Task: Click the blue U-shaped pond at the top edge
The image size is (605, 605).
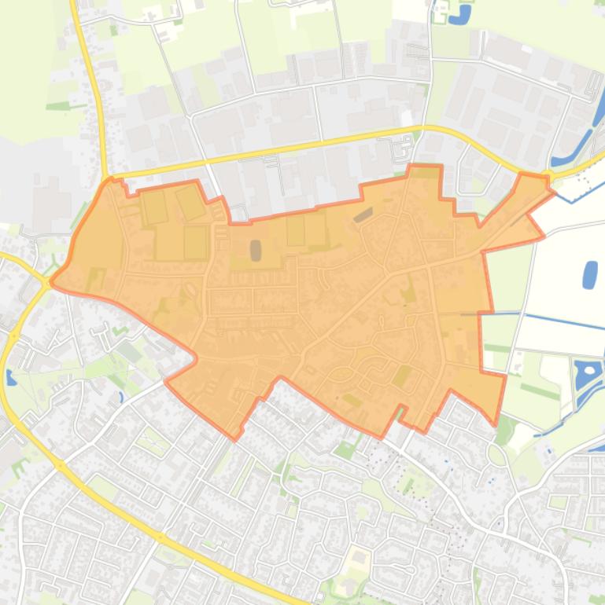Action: coord(464,14)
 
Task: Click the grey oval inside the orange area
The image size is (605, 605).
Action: coord(256,250)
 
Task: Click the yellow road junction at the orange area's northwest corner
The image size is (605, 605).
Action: coord(108,178)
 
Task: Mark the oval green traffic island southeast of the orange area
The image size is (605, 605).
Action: coord(496,454)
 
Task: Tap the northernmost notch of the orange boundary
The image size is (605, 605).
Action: coord(425,166)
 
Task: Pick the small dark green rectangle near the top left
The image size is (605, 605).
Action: coord(114,31)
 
